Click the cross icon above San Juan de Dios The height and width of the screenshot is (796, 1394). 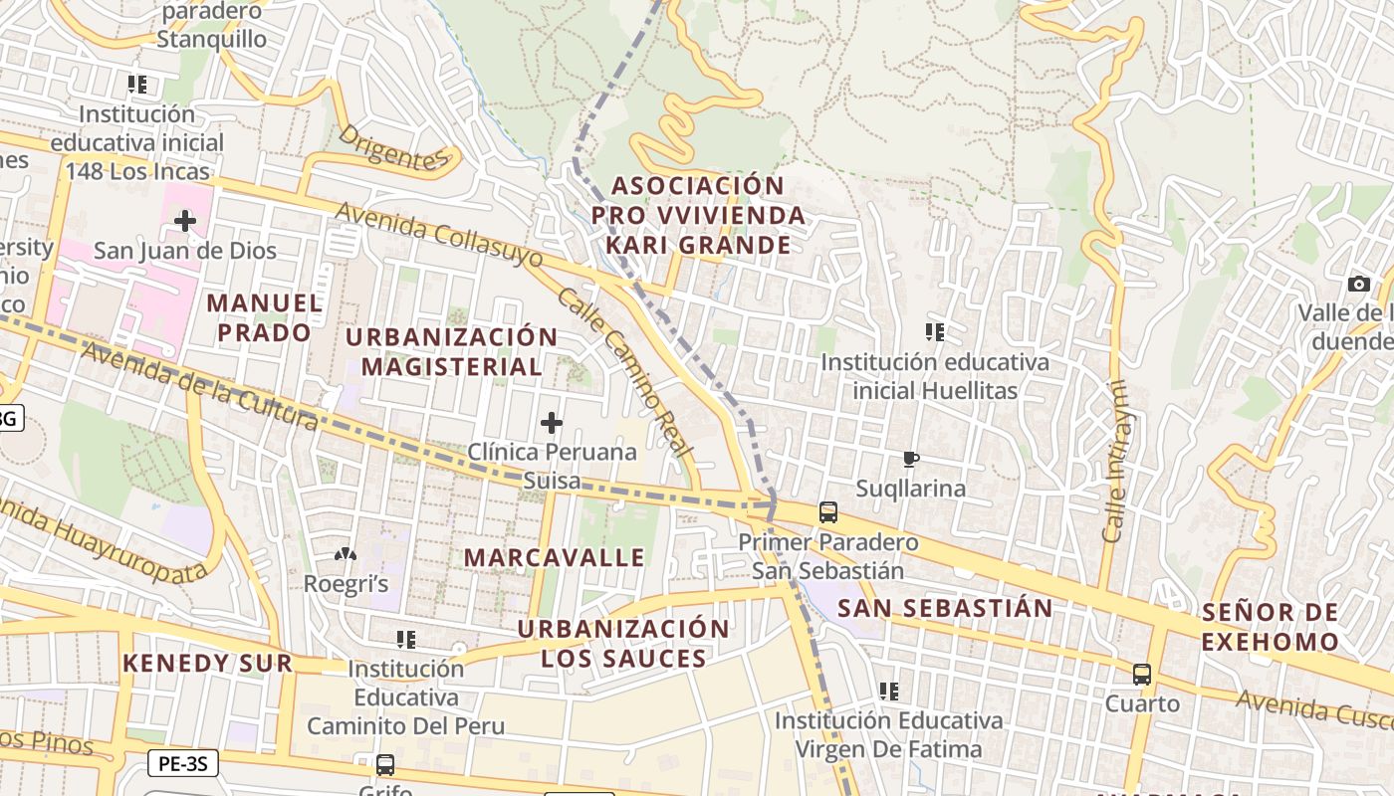(185, 220)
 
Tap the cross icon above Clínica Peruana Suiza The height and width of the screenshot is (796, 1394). (552, 423)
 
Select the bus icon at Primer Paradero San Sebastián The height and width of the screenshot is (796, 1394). (827, 513)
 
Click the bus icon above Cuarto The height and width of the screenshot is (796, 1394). (1142, 675)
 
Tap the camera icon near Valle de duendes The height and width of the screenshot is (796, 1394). (1359, 285)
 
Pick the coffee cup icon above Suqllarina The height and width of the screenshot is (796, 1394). (910, 459)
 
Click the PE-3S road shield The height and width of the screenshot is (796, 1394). (183, 764)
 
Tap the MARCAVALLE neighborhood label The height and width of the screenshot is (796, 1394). (555, 557)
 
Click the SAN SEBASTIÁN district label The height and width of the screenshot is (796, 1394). (945, 608)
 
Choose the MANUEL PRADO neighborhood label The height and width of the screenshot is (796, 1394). (265, 317)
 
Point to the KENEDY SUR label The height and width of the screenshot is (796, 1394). (207, 664)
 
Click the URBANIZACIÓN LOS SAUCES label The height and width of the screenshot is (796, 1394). (623, 644)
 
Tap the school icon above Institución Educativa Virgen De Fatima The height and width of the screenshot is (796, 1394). (889, 691)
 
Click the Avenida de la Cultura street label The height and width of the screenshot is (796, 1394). (199, 387)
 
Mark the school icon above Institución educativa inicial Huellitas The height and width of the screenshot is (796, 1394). (934, 332)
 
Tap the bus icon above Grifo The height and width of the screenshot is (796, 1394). (385, 765)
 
